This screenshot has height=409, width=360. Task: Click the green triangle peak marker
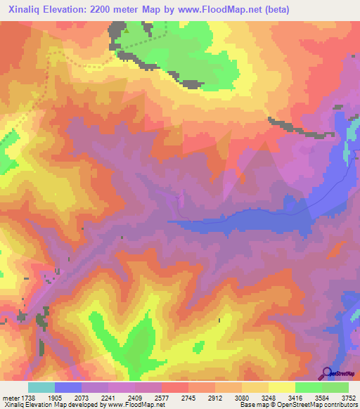point(127,30)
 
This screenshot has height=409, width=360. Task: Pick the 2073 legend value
point(82,397)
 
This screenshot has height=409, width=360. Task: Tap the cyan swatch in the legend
point(41,387)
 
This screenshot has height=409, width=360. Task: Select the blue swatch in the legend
point(68,387)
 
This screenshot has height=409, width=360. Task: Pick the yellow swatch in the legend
point(282,387)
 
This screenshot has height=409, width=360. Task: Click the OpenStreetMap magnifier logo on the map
point(326,372)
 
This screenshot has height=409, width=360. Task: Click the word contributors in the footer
point(340,405)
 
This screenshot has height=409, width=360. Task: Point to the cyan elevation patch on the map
point(346,152)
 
